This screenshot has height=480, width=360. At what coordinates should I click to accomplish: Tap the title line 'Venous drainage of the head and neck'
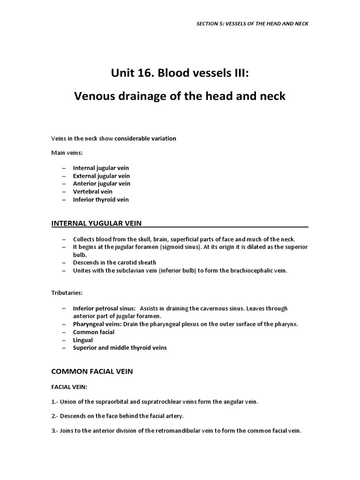180,97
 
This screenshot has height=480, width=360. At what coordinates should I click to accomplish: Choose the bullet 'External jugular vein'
101,176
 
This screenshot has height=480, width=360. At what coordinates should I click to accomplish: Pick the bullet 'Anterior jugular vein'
101,184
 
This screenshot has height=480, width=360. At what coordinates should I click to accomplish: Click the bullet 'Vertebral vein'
92,192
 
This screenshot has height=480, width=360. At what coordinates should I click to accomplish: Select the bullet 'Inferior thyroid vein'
100,200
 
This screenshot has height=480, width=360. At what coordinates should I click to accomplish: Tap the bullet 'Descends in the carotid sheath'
114,262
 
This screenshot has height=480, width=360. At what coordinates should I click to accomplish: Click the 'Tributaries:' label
67,293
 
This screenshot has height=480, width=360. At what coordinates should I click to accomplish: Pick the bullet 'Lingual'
82,340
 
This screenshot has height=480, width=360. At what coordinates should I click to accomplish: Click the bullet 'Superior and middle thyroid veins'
120,348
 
